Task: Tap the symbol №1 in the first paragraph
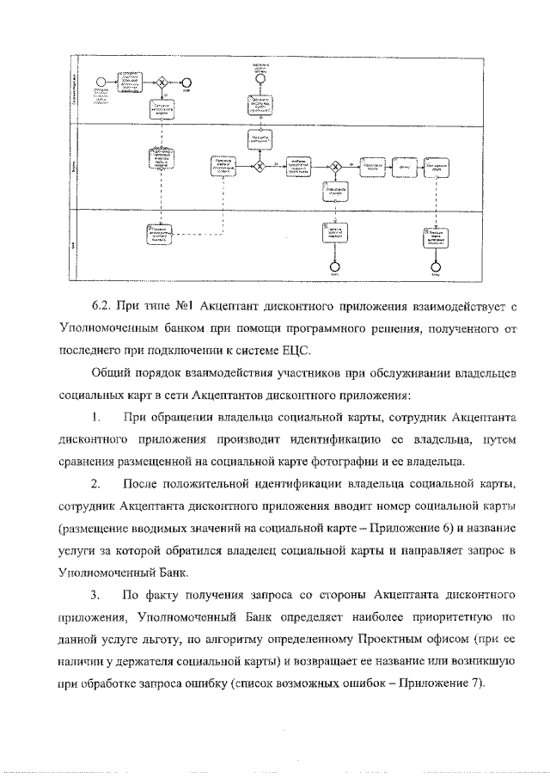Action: (187, 305)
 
